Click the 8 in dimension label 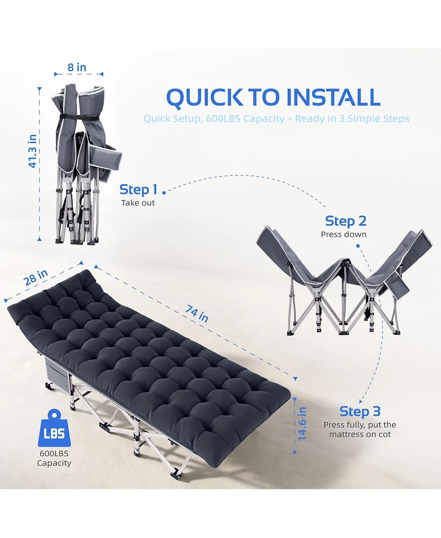(x=77, y=67)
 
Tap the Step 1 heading (x=138, y=190)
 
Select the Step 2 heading (x=346, y=221)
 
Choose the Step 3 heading (x=360, y=411)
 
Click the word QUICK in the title (x=204, y=97)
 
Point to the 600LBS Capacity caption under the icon (x=54, y=458)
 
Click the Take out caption (x=138, y=203)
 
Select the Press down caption (x=343, y=235)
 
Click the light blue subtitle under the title (x=276, y=119)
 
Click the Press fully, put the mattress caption (x=359, y=430)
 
